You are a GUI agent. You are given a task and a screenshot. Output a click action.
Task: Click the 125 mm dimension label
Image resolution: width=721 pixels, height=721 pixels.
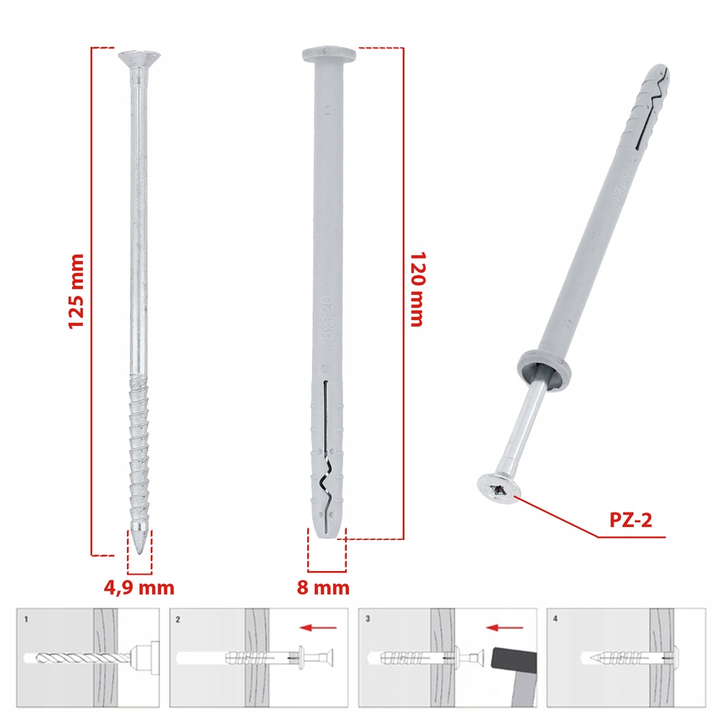coord(76,291)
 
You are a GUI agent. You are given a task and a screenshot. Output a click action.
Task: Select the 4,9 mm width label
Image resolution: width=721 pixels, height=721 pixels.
coord(139,588)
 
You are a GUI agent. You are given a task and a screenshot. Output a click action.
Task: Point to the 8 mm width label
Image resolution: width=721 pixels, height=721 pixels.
coord(323,587)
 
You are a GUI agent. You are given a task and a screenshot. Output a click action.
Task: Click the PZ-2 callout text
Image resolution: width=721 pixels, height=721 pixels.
coord(630,520)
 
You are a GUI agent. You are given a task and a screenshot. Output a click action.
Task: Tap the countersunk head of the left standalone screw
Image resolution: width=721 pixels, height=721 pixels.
coord(139,59)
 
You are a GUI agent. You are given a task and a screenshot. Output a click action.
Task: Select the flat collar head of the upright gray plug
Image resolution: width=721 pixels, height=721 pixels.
coord(329,54)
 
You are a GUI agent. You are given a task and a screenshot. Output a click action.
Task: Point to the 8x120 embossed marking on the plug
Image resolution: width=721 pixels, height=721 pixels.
coord(327,318)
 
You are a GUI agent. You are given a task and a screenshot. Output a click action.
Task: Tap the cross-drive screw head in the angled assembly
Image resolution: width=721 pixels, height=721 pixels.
coord(498,489)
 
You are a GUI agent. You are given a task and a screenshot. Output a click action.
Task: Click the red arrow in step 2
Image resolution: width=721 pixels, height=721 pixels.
coord(318,627)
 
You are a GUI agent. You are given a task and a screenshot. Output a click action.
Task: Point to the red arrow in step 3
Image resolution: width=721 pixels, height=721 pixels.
coord(505,627)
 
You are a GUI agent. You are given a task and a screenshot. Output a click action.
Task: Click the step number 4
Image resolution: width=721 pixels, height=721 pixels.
coord(555,619)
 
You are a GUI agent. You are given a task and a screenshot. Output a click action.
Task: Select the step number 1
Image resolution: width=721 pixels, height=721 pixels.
coord(26,619)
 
